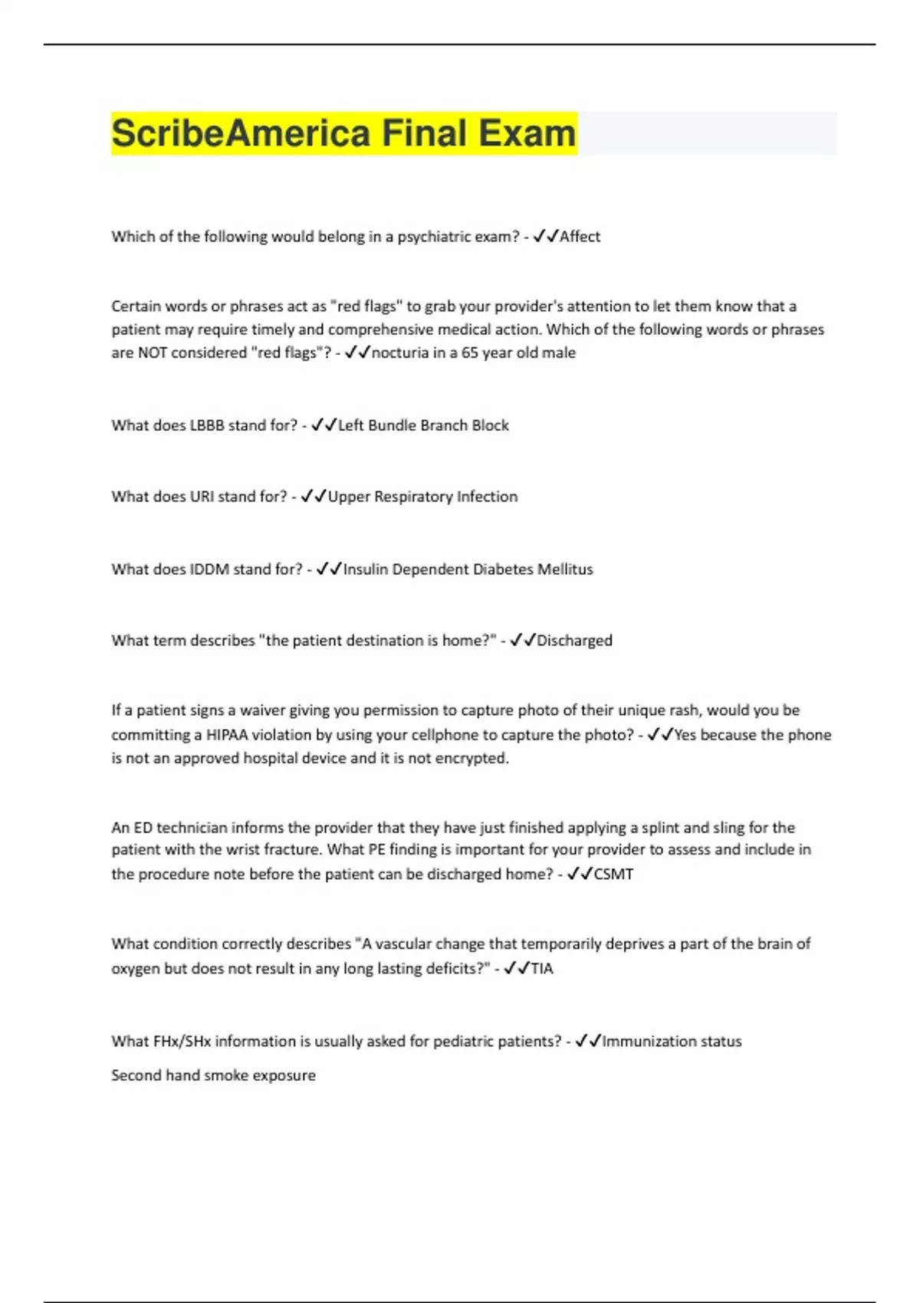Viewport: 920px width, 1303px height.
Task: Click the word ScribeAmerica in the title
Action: pos(241,133)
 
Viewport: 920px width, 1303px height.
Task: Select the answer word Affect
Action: pos(580,237)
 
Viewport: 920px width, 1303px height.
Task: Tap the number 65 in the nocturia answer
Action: pos(469,353)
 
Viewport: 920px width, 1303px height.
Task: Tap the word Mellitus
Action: pos(565,569)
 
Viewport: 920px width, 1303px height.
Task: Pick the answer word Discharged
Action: pos(574,641)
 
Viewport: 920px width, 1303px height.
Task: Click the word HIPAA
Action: pos(227,735)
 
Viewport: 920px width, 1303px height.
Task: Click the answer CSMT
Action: pos(613,875)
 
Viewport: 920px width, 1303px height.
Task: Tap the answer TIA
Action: pos(541,969)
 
